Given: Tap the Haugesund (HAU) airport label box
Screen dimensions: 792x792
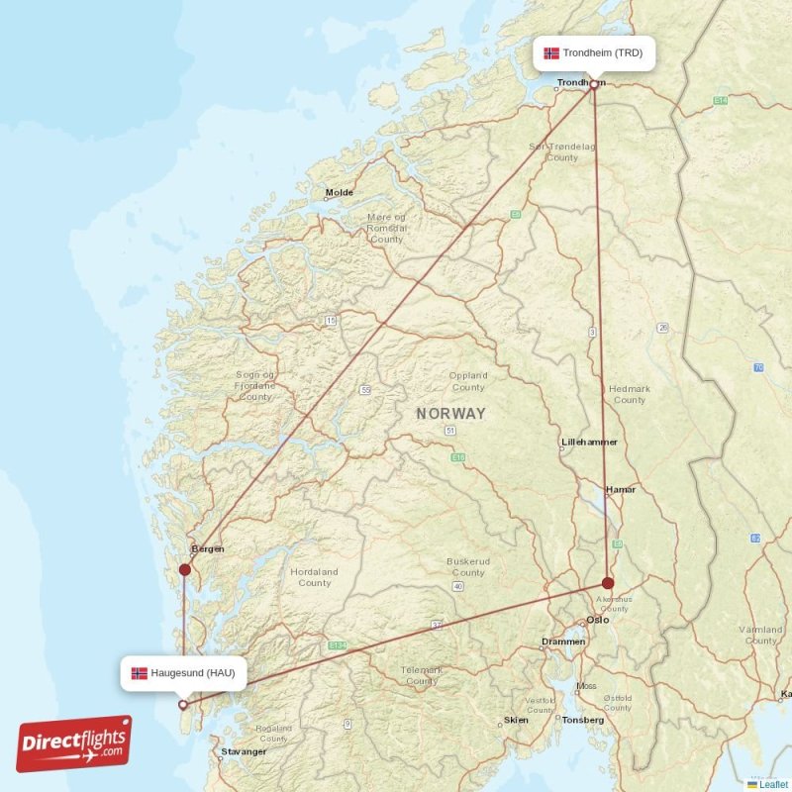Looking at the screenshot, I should (x=184, y=673).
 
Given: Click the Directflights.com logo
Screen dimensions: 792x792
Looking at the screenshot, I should (x=74, y=743).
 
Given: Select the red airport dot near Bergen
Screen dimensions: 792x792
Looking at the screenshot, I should (x=184, y=568).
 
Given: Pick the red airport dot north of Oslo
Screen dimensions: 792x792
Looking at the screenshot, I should (x=608, y=583).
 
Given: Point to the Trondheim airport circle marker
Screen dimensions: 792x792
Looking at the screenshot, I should (x=594, y=84).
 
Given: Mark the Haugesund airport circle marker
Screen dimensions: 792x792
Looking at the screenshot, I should (x=183, y=705).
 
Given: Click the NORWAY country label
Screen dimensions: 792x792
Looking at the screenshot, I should (x=450, y=414).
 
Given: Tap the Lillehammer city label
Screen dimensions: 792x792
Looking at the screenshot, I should (x=590, y=442).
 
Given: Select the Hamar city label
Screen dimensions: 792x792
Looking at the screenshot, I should (x=621, y=489).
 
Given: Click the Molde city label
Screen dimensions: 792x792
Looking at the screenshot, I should (x=340, y=193).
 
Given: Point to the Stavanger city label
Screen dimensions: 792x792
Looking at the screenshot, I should (x=244, y=751).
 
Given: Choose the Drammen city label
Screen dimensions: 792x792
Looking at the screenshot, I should (x=563, y=642).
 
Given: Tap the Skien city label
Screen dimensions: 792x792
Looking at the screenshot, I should (x=516, y=720).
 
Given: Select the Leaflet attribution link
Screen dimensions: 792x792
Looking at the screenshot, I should (x=773, y=784).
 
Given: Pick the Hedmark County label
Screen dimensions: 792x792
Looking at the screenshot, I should (x=630, y=395).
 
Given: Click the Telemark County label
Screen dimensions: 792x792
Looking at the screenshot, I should (x=422, y=675).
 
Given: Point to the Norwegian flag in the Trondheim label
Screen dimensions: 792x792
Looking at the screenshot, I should (x=551, y=52).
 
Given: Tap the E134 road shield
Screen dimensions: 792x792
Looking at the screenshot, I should (x=339, y=645).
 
